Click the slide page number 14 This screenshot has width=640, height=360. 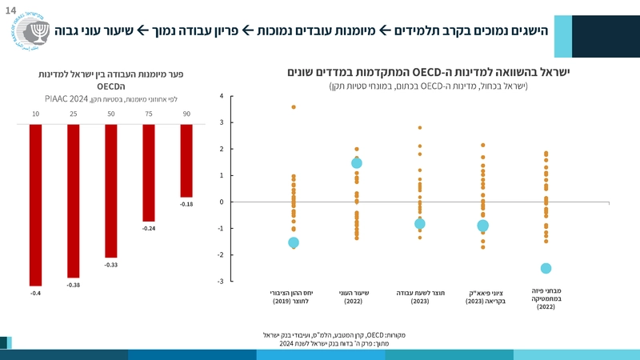pos(10,8)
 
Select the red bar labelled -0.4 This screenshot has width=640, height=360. pos(35,205)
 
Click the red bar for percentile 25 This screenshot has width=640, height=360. pos(73,201)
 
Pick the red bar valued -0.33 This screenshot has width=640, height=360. pos(110,190)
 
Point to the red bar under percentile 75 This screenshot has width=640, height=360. pos(148,173)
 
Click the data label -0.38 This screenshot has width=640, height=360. pos(73,285)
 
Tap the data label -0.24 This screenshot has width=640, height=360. pos(148,229)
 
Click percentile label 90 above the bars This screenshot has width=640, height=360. pos(186,115)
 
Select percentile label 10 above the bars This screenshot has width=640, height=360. pos(35,115)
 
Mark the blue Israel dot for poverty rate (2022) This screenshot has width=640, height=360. pos(357,163)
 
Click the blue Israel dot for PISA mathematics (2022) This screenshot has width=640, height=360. pos(546,268)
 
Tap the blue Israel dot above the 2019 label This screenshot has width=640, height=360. pos(294,242)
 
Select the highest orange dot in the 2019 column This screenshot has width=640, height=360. pos(294,107)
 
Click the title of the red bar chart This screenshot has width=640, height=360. pos(112,78)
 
